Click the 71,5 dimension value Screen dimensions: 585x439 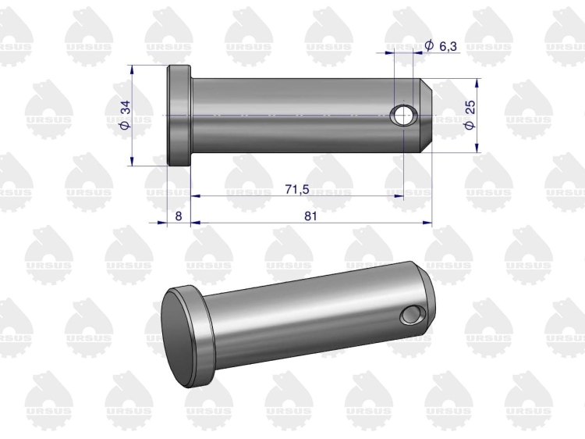297,189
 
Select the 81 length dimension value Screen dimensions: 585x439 310,216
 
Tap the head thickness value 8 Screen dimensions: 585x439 179,216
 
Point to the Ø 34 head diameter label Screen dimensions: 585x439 126,115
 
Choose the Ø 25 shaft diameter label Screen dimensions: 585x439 470,115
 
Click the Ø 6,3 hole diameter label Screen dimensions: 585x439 441,46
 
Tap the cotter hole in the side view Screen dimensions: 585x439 402,115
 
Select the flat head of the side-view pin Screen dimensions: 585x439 179,116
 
